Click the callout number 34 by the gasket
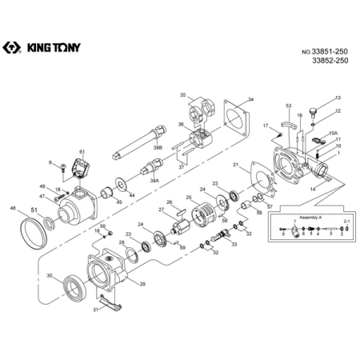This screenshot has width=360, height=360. click(250, 99)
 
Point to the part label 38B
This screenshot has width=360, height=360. click(158, 148)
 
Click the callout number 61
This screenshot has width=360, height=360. click(81, 151)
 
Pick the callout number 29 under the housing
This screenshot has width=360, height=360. click(142, 283)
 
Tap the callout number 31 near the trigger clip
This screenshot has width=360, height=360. click(95, 310)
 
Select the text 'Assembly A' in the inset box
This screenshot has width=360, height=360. click(310, 218)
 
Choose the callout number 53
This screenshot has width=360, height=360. click(289, 106)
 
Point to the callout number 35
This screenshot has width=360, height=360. click(182, 95)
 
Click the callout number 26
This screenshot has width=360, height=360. click(169, 202)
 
